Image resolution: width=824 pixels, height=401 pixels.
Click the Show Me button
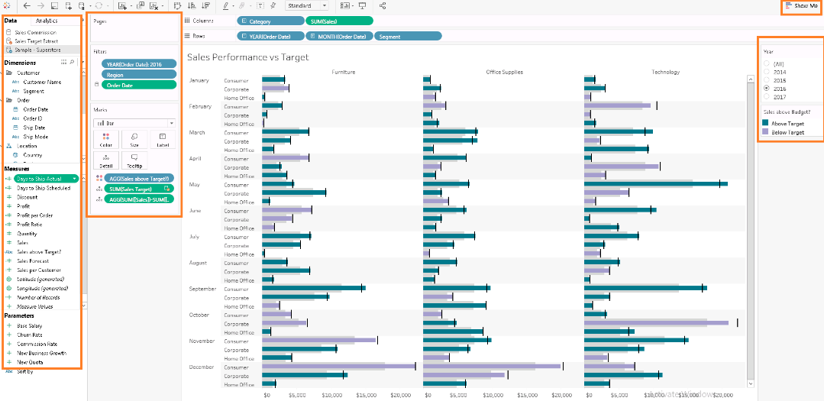coord(802,6)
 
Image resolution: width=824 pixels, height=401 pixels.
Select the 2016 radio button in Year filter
coord(767,89)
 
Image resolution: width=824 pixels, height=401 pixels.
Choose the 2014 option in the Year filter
coord(767,72)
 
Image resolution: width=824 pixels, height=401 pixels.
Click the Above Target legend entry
coord(787,123)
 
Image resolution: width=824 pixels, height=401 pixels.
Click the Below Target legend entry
coord(787,132)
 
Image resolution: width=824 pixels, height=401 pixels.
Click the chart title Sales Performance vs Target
coord(247,57)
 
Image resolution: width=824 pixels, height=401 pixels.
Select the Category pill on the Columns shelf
coord(270,21)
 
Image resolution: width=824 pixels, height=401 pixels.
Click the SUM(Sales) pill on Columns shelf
coord(339,21)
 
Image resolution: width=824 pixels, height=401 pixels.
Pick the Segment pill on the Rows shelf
coord(409,37)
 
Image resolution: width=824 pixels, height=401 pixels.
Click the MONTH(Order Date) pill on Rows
coord(341,37)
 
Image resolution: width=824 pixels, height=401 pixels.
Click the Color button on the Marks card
coord(105,138)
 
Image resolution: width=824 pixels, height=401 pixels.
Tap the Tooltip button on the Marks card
coord(134,160)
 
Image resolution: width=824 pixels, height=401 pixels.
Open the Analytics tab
coord(47,21)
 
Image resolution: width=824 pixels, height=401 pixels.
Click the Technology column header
coord(665,73)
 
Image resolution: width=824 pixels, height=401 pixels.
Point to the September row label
coord(202,289)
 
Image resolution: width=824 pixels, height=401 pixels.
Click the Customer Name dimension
coord(42,82)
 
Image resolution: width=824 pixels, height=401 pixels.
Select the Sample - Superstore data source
coord(39,49)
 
